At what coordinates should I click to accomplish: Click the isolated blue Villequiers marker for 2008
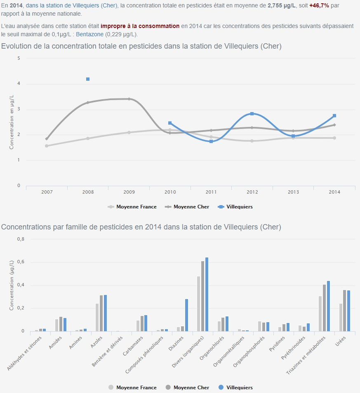pyautogui.click(x=88, y=79)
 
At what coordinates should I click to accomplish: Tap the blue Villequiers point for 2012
pyautogui.click(x=252, y=114)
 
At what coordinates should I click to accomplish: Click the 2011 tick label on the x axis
pyautogui.click(x=211, y=192)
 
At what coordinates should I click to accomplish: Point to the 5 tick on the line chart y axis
pyautogui.click(x=19, y=58)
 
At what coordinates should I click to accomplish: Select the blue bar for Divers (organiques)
pyautogui.click(x=207, y=294)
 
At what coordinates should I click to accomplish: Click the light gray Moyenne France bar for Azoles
pyautogui.click(x=97, y=317)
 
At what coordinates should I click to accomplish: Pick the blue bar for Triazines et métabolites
pyautogui.click(x=329, y=306)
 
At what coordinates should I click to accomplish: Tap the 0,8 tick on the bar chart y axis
pyautogui.click(x=20, y=239)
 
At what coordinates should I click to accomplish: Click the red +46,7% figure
pyautogui.click(x=319, y=5)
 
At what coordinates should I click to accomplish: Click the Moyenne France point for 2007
pyautogui.click(x=47, y=146)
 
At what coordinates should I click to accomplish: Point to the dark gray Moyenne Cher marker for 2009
pyautogui.click(x=129, y=99)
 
